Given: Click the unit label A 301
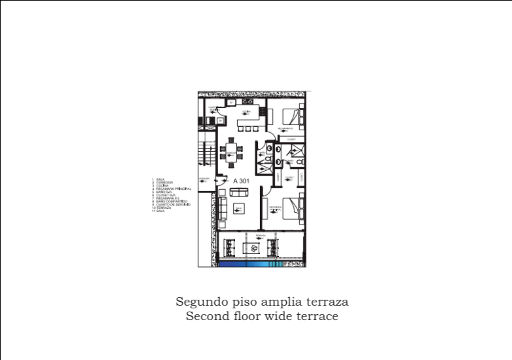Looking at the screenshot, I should (242, 179).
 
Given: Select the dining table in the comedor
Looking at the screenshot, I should (232, 153).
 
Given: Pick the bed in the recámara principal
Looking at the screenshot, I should (293, 207).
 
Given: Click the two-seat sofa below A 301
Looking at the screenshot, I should (239, 192).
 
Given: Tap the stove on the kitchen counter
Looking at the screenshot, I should (247, 101).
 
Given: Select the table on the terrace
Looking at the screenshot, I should (253, 247).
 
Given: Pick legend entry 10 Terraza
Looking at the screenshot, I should (162, 208).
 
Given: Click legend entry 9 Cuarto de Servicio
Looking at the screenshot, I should (173, 205).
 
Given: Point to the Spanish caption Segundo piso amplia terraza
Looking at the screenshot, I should (262, 302).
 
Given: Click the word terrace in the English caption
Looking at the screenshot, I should (316, 316).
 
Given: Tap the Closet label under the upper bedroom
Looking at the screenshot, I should (291, 139).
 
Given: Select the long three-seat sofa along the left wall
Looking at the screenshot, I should (223, 209).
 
